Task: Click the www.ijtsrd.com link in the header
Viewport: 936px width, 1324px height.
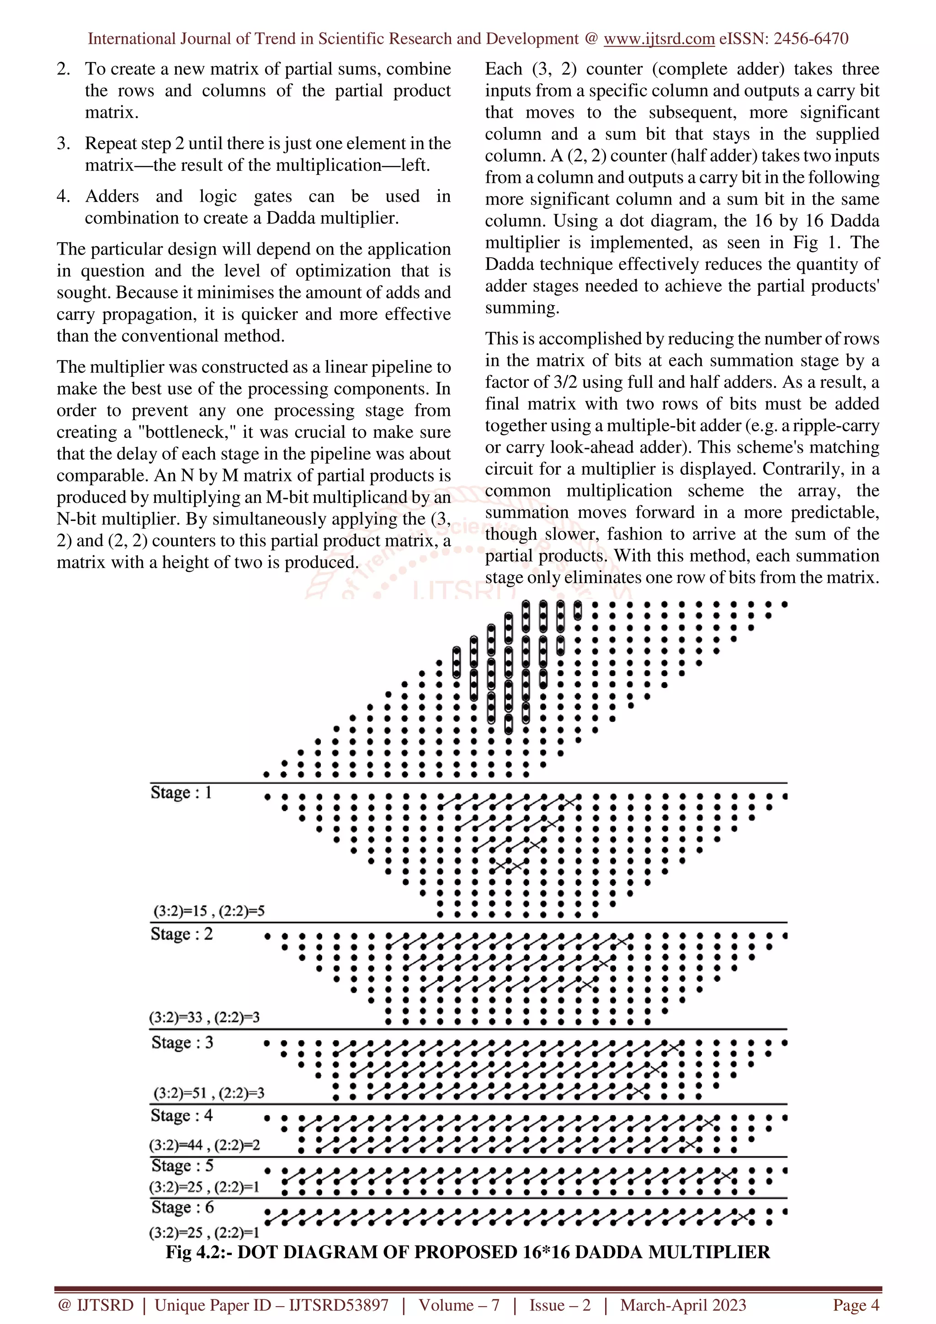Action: pos(659,39)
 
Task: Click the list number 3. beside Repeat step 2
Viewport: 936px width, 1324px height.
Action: pos(64,143)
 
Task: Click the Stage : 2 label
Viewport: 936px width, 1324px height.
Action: pos(181,933)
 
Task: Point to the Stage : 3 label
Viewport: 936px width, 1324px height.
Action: pos(182,1042)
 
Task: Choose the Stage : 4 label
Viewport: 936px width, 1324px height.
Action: pos(181,1115)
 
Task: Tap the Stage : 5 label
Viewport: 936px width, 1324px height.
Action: pos(182,1165)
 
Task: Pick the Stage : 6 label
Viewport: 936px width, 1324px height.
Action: pos(182,1207)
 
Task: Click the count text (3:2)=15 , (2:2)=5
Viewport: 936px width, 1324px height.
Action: pos(209,911)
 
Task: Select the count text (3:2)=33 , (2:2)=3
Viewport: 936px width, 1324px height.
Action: pos(204,1017)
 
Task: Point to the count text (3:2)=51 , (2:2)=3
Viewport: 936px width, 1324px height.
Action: pos(209,1093)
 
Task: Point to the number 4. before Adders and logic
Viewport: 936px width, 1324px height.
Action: pos(64,196)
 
